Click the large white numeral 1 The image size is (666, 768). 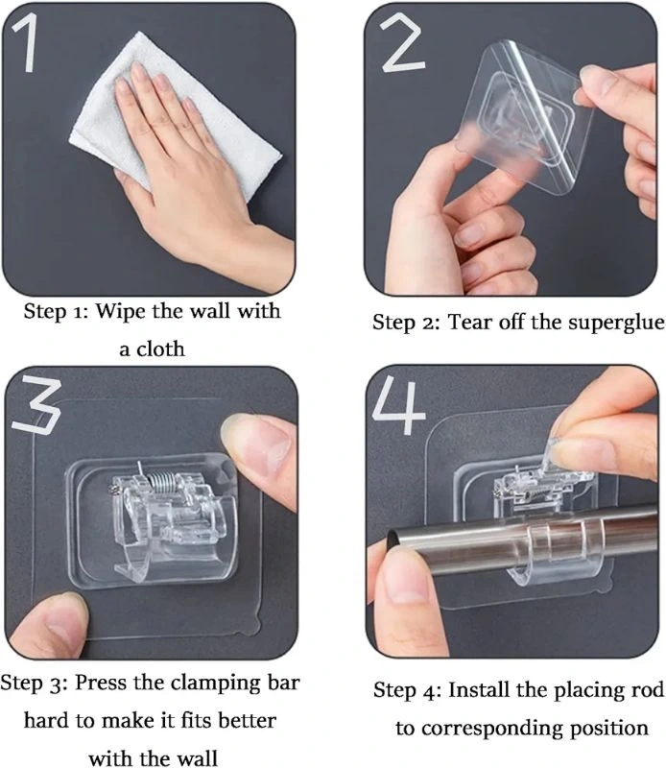click(27, 42)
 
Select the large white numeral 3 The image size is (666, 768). click(36, 405)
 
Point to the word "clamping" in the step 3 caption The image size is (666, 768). click(216, 683)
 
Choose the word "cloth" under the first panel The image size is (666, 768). click(160, 348)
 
